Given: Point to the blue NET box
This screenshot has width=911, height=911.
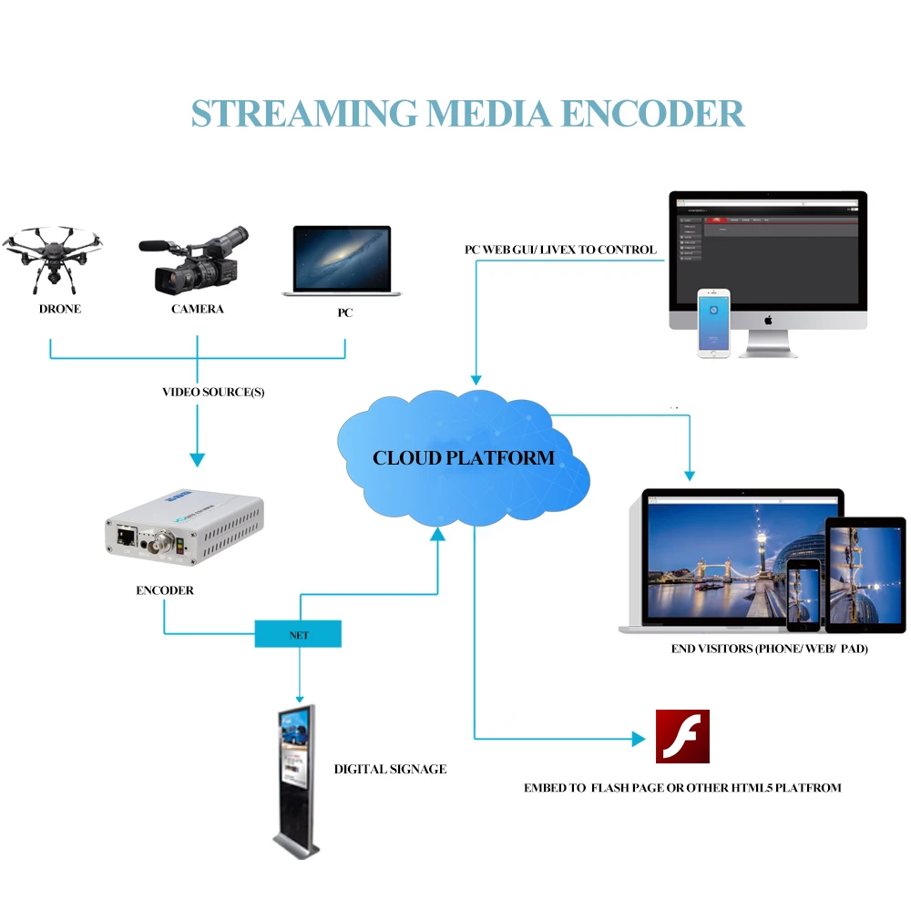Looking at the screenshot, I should point(298,634).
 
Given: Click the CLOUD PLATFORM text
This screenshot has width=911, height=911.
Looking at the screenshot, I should point(464,457).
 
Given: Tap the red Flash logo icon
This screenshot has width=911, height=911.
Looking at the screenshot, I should point(682,736).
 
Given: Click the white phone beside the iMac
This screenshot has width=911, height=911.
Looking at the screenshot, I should point(714,322).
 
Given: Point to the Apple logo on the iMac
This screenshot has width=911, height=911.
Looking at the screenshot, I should point(768,320).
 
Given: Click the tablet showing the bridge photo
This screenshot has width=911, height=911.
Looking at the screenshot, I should point(865,573).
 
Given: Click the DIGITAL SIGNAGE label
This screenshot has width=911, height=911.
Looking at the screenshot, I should point(390,769).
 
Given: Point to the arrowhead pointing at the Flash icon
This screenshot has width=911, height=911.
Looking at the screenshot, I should point(639,739).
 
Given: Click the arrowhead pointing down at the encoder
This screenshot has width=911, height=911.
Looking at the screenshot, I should point(198,460).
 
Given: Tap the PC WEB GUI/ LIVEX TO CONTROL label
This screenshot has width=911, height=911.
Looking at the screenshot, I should point(561,250).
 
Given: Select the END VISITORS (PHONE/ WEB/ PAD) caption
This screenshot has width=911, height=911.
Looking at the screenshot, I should point(769,650).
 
